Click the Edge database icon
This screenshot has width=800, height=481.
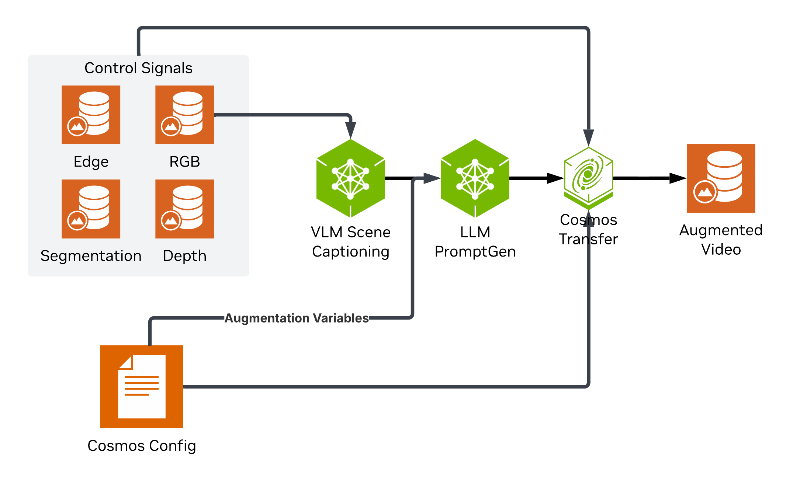point(91,115)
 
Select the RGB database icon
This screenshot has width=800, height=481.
point(184,115)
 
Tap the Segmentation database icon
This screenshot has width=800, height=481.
point(91,209)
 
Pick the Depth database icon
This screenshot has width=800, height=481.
point(184,209)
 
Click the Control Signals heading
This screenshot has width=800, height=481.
point(138,68)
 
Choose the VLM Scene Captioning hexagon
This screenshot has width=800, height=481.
point(350,178)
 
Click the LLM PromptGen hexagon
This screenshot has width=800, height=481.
point(475,178)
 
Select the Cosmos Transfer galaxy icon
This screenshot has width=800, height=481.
point(588,176)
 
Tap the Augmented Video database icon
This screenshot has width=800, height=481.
point(721,178)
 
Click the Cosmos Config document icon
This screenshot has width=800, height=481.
point(142,387)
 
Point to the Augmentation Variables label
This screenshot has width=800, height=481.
point(297,318)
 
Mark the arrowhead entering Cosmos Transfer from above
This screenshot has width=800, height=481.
point(589,137)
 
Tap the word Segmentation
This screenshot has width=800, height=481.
point(91,256)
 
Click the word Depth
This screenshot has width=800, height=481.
point(184,256)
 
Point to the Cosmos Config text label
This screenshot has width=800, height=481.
point(142,446)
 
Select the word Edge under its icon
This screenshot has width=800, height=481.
point(91,162)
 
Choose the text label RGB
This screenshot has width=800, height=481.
point(184,162)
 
